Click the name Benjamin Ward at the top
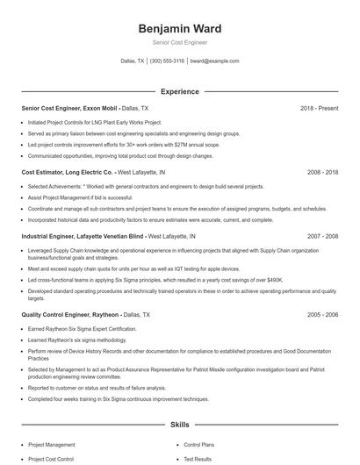tap(179, 28)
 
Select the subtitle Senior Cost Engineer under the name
tap(179, 42)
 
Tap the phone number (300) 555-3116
tap(167, 61)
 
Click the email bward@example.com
tap(214, 61)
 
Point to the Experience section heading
tap(179, 91)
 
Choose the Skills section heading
tap(179, 425)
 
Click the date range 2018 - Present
tap(319, 108)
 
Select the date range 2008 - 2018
tap(322, 173)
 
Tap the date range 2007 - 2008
tap(322, 237)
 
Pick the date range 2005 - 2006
tap(322, 313)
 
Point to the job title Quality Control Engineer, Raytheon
tap(76, 313)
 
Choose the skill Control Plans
tap(199, 445)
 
